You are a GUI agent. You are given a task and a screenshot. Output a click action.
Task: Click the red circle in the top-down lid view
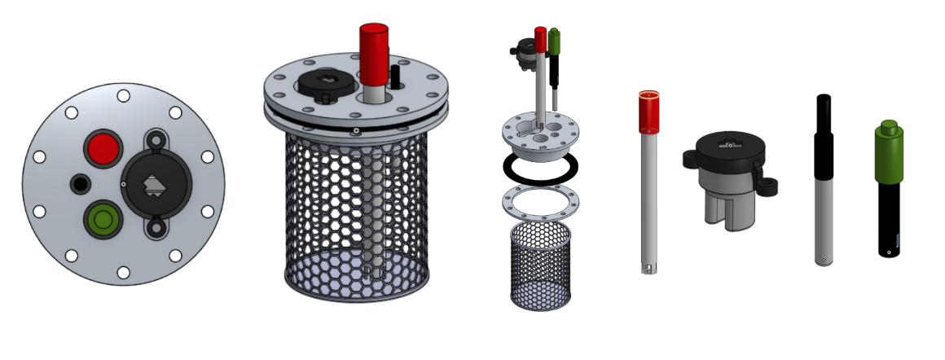pos(102,148)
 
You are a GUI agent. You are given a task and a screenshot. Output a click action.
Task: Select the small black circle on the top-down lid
pos(80,183)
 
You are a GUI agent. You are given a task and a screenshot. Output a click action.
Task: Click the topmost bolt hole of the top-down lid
pos(123,96)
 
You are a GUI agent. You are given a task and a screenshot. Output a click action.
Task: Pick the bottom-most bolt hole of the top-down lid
pos(123,272)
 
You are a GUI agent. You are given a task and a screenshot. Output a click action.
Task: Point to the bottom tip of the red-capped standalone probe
pos(648,268)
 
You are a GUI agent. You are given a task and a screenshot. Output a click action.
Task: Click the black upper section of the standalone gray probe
pos(824,130)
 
